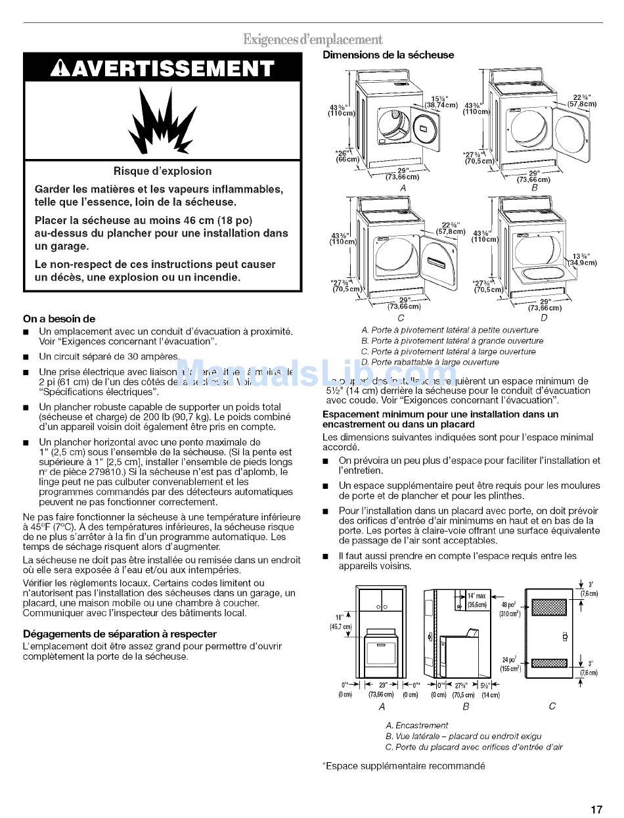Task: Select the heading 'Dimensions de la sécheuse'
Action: coord(388,55)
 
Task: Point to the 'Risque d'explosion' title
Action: coord(162,171)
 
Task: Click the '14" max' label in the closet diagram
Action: coord(476,596)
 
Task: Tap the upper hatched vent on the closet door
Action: coord(548,607)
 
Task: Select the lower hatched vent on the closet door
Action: coord(548,662)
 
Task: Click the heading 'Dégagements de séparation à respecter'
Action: coord(120,634)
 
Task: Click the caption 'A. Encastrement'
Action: coord(416,725)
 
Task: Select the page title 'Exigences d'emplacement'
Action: coord(313,39)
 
